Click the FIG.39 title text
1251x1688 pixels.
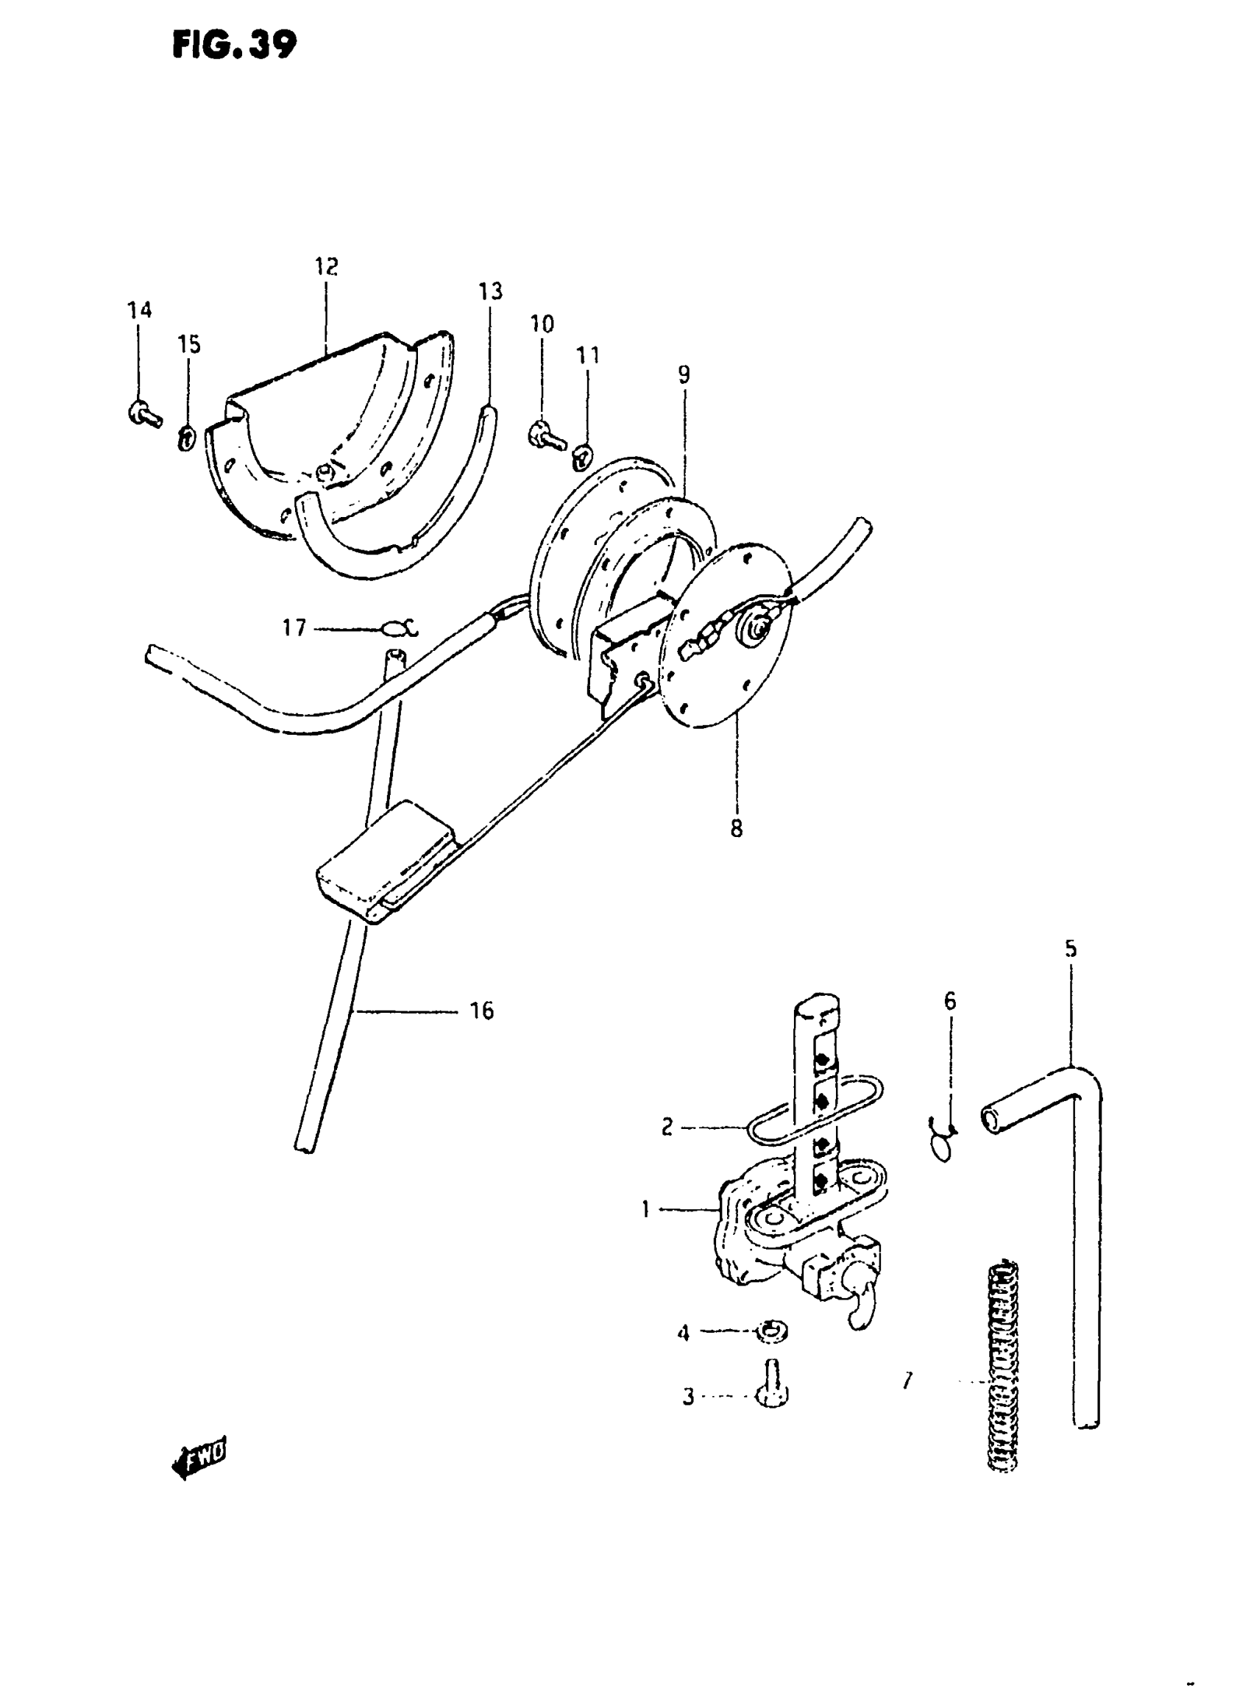click(x=234, y=46)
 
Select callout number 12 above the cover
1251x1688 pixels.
click(x=327, y=266)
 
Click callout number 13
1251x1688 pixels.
click(x=490, y=291)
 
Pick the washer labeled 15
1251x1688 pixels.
click(x=186, y=438)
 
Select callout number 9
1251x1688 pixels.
click(x=684, y=374)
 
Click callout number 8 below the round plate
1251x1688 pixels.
click(x=736, y=828)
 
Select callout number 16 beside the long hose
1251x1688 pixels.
click(x=481, y=1011)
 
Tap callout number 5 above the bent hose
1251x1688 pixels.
click(x=1070, y=949)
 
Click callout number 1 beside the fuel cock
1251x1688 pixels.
click(x=645, y=1210)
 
